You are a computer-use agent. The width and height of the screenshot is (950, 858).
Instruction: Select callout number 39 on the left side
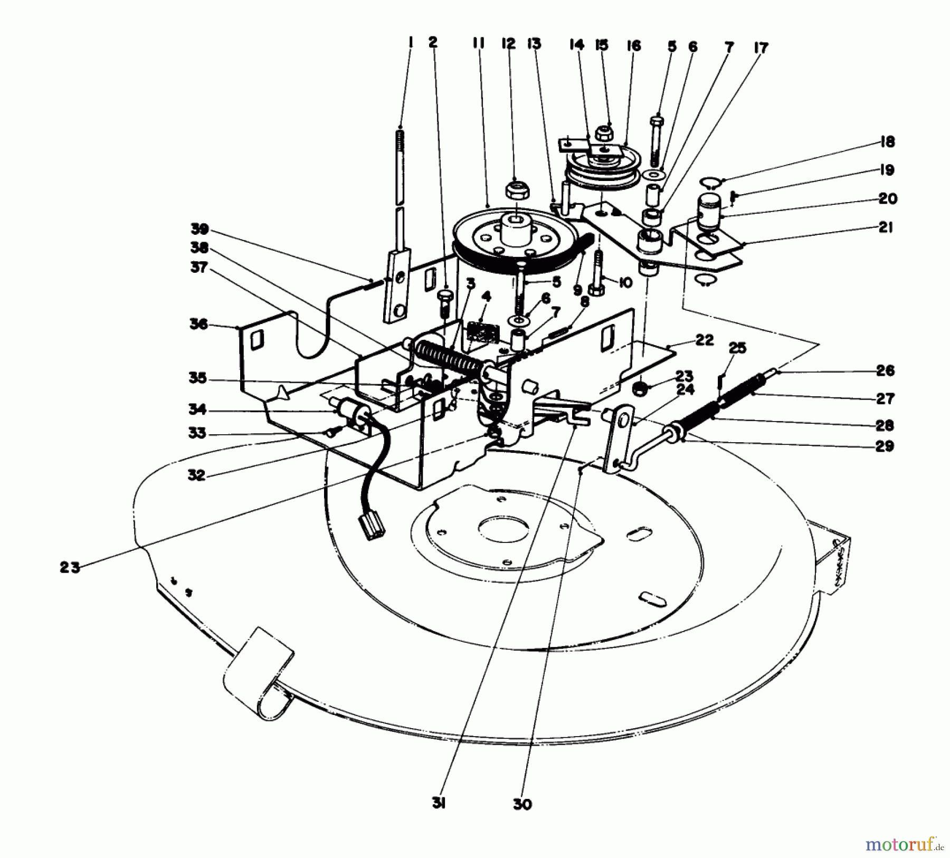(x=201, y=230)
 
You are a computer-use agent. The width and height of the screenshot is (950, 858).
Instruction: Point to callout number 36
(x=199, y=323)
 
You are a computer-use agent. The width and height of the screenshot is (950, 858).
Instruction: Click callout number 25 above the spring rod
(x=738, y=348)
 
